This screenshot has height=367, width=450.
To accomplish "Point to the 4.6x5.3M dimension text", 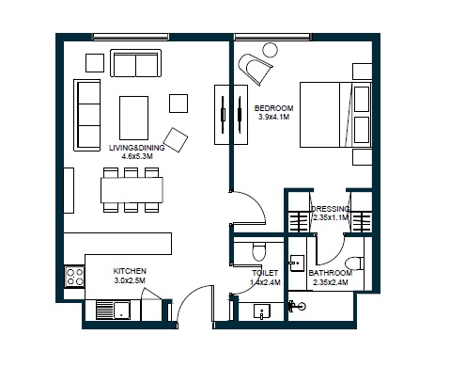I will pyautogui.click(x=131, y=158).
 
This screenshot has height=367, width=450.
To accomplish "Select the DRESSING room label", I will pyautogui.click(x=331, y=208).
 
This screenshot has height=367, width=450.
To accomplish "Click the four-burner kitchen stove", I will pyautogui.click(x=72, y=276).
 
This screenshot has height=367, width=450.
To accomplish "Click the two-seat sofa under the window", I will pyautogui.click(x=136, y=64).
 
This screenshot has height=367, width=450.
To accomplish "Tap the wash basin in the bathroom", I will pyautogui.click(x=296, y=264).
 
